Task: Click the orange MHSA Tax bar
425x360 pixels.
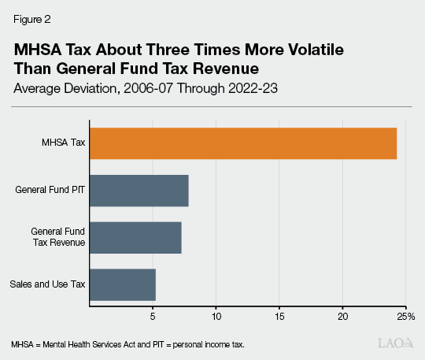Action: [x=243, y=143]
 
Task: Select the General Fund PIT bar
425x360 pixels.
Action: [x=139, y=190]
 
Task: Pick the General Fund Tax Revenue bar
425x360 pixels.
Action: [x=135, y=237]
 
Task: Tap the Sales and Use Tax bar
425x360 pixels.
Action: [x=123, y=284]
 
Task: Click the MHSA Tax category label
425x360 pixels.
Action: [x=64, y=143]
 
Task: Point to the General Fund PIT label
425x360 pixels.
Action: [x=50, y=190]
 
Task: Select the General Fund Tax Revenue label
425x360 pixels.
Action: [x=57, y=237]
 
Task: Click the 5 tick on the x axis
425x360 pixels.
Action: [x=153, y=316]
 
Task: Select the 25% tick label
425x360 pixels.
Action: [x=405, y=316]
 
